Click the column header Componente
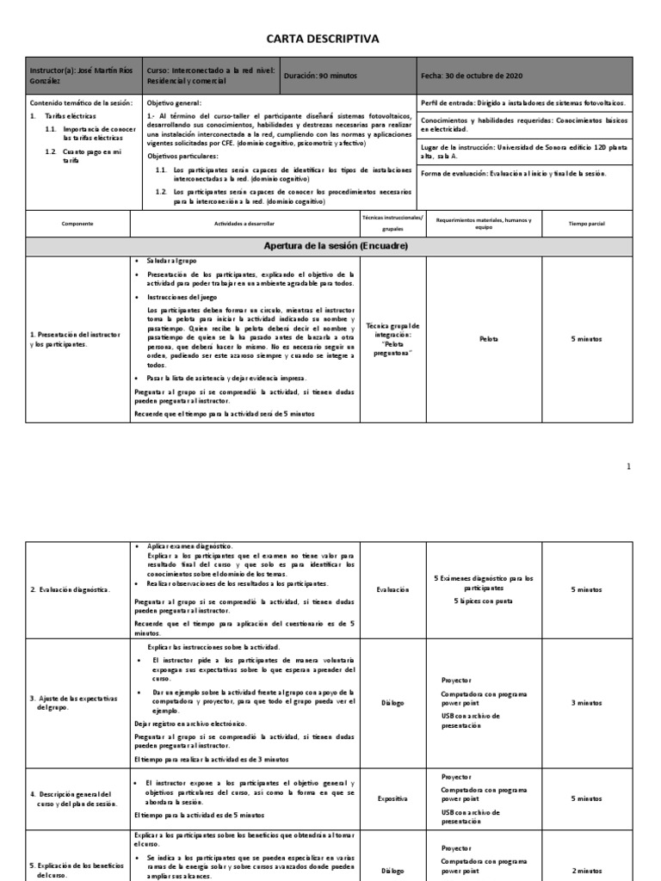click(x=77, y=223)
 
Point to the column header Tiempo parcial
click(x=587, y=223)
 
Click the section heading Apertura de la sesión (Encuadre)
click(x=335, y=246)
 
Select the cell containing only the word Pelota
click(x=488, y=339)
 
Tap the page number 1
click(x=628, y=466)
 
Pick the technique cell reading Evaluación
click(x=392, y=589)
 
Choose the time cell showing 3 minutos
click(x=587, y=703)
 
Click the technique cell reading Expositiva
click(x=392, y=799)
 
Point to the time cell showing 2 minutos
click(x=587, y=871)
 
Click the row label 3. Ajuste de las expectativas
click(x=73, y=703)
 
